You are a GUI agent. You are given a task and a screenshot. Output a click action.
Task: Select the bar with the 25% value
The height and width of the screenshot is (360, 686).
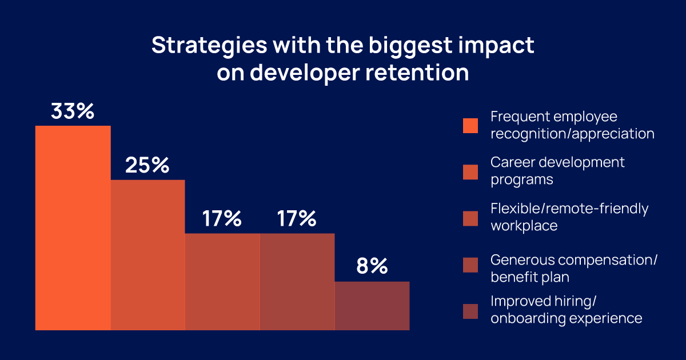pyautogui.click(x=147, y=255)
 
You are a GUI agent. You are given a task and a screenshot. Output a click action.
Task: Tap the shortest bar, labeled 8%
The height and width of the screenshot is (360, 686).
pyautogui.click(x=372, y=306)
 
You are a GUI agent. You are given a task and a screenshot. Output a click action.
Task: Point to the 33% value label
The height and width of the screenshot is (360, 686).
pyautogui.click(x=72, y=111)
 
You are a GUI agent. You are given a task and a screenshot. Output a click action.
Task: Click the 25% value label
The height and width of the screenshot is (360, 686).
pyautogui.click(x=147, y=166)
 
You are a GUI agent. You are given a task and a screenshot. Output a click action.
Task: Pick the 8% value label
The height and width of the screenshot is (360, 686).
pyautogui.click(x=372, y=266)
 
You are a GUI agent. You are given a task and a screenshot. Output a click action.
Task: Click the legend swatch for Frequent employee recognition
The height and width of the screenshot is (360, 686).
pyautogui.click(x=470, y=126)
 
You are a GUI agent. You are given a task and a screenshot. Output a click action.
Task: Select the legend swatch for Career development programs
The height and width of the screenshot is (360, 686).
pyautogui.click(x=470, y=171)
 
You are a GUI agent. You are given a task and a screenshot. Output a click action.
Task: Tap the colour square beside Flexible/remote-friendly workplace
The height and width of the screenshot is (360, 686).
pyautogui.click(x=470, y=218)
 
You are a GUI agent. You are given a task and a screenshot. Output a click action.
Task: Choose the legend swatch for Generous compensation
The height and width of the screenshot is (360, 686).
pyautogui.click(x=470, y=265)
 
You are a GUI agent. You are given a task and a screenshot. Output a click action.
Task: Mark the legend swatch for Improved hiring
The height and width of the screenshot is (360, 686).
pyautogui.click(x=470, y=311)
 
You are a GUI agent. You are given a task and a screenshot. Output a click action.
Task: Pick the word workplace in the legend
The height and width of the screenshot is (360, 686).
pyautogui.click(x=524, y=226)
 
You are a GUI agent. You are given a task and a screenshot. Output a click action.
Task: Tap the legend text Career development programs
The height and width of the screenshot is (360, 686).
pyautogui.click(x=557, y=170)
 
